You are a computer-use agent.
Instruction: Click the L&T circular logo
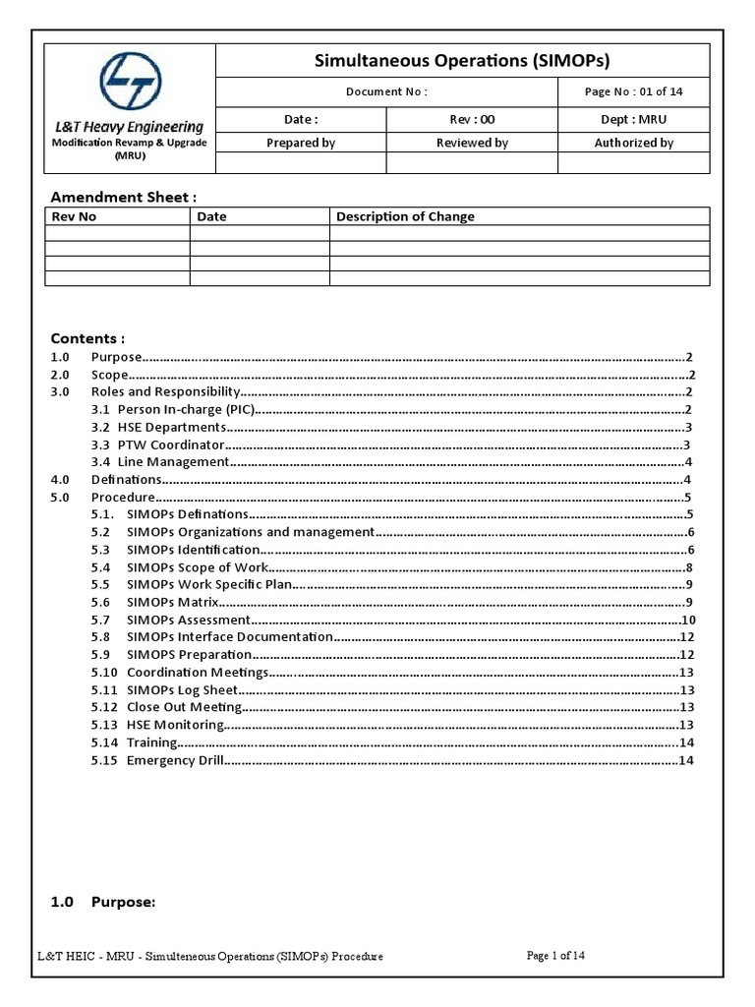130,83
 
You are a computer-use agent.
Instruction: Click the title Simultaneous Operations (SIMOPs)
461,61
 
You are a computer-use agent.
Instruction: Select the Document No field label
386,91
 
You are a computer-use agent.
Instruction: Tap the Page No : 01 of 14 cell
633,91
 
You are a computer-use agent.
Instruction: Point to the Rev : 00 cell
472,119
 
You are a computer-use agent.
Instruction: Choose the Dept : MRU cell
633,119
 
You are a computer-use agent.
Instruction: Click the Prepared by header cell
301,143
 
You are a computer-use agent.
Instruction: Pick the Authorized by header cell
633,143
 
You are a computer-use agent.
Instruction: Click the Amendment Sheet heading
117,198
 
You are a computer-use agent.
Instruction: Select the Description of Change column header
405,216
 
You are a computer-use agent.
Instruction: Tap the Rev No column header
74,216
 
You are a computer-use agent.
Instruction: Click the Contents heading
87,338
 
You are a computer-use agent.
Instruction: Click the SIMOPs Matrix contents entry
172,602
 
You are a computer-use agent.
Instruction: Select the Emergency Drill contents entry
175,760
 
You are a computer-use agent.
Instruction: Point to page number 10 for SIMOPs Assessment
688,620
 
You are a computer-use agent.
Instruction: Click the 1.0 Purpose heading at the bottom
103,902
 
